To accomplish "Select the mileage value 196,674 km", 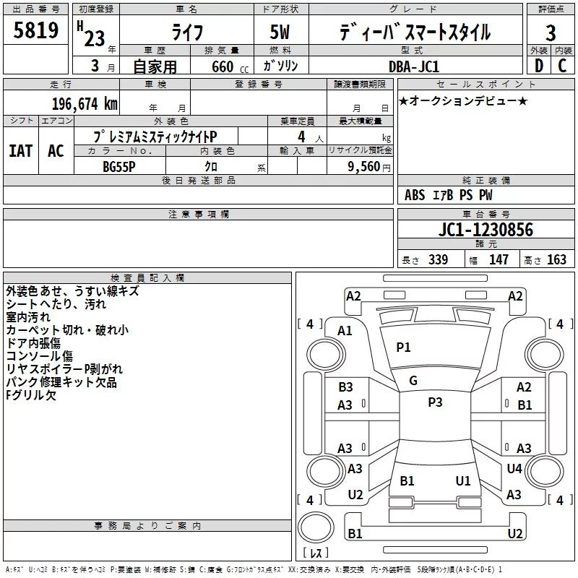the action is pos(84,103).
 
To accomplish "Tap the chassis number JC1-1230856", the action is pos(486,230).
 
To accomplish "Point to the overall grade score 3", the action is pos(551,33).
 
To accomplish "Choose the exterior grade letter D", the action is pos(538,65).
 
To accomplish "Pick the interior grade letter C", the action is pos(562,65).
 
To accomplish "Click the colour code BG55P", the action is pos(120,165).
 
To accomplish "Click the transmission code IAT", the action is pos(20,150).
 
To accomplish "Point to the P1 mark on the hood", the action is pos(403,348).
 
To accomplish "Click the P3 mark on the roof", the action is pos(435,402).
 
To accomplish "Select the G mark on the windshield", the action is pos(413,381).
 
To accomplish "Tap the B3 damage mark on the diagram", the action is pos(345,387).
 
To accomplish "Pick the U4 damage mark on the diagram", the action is pos(514,469).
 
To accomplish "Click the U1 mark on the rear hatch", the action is pos(463,480).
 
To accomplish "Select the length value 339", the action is pos(438,260).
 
